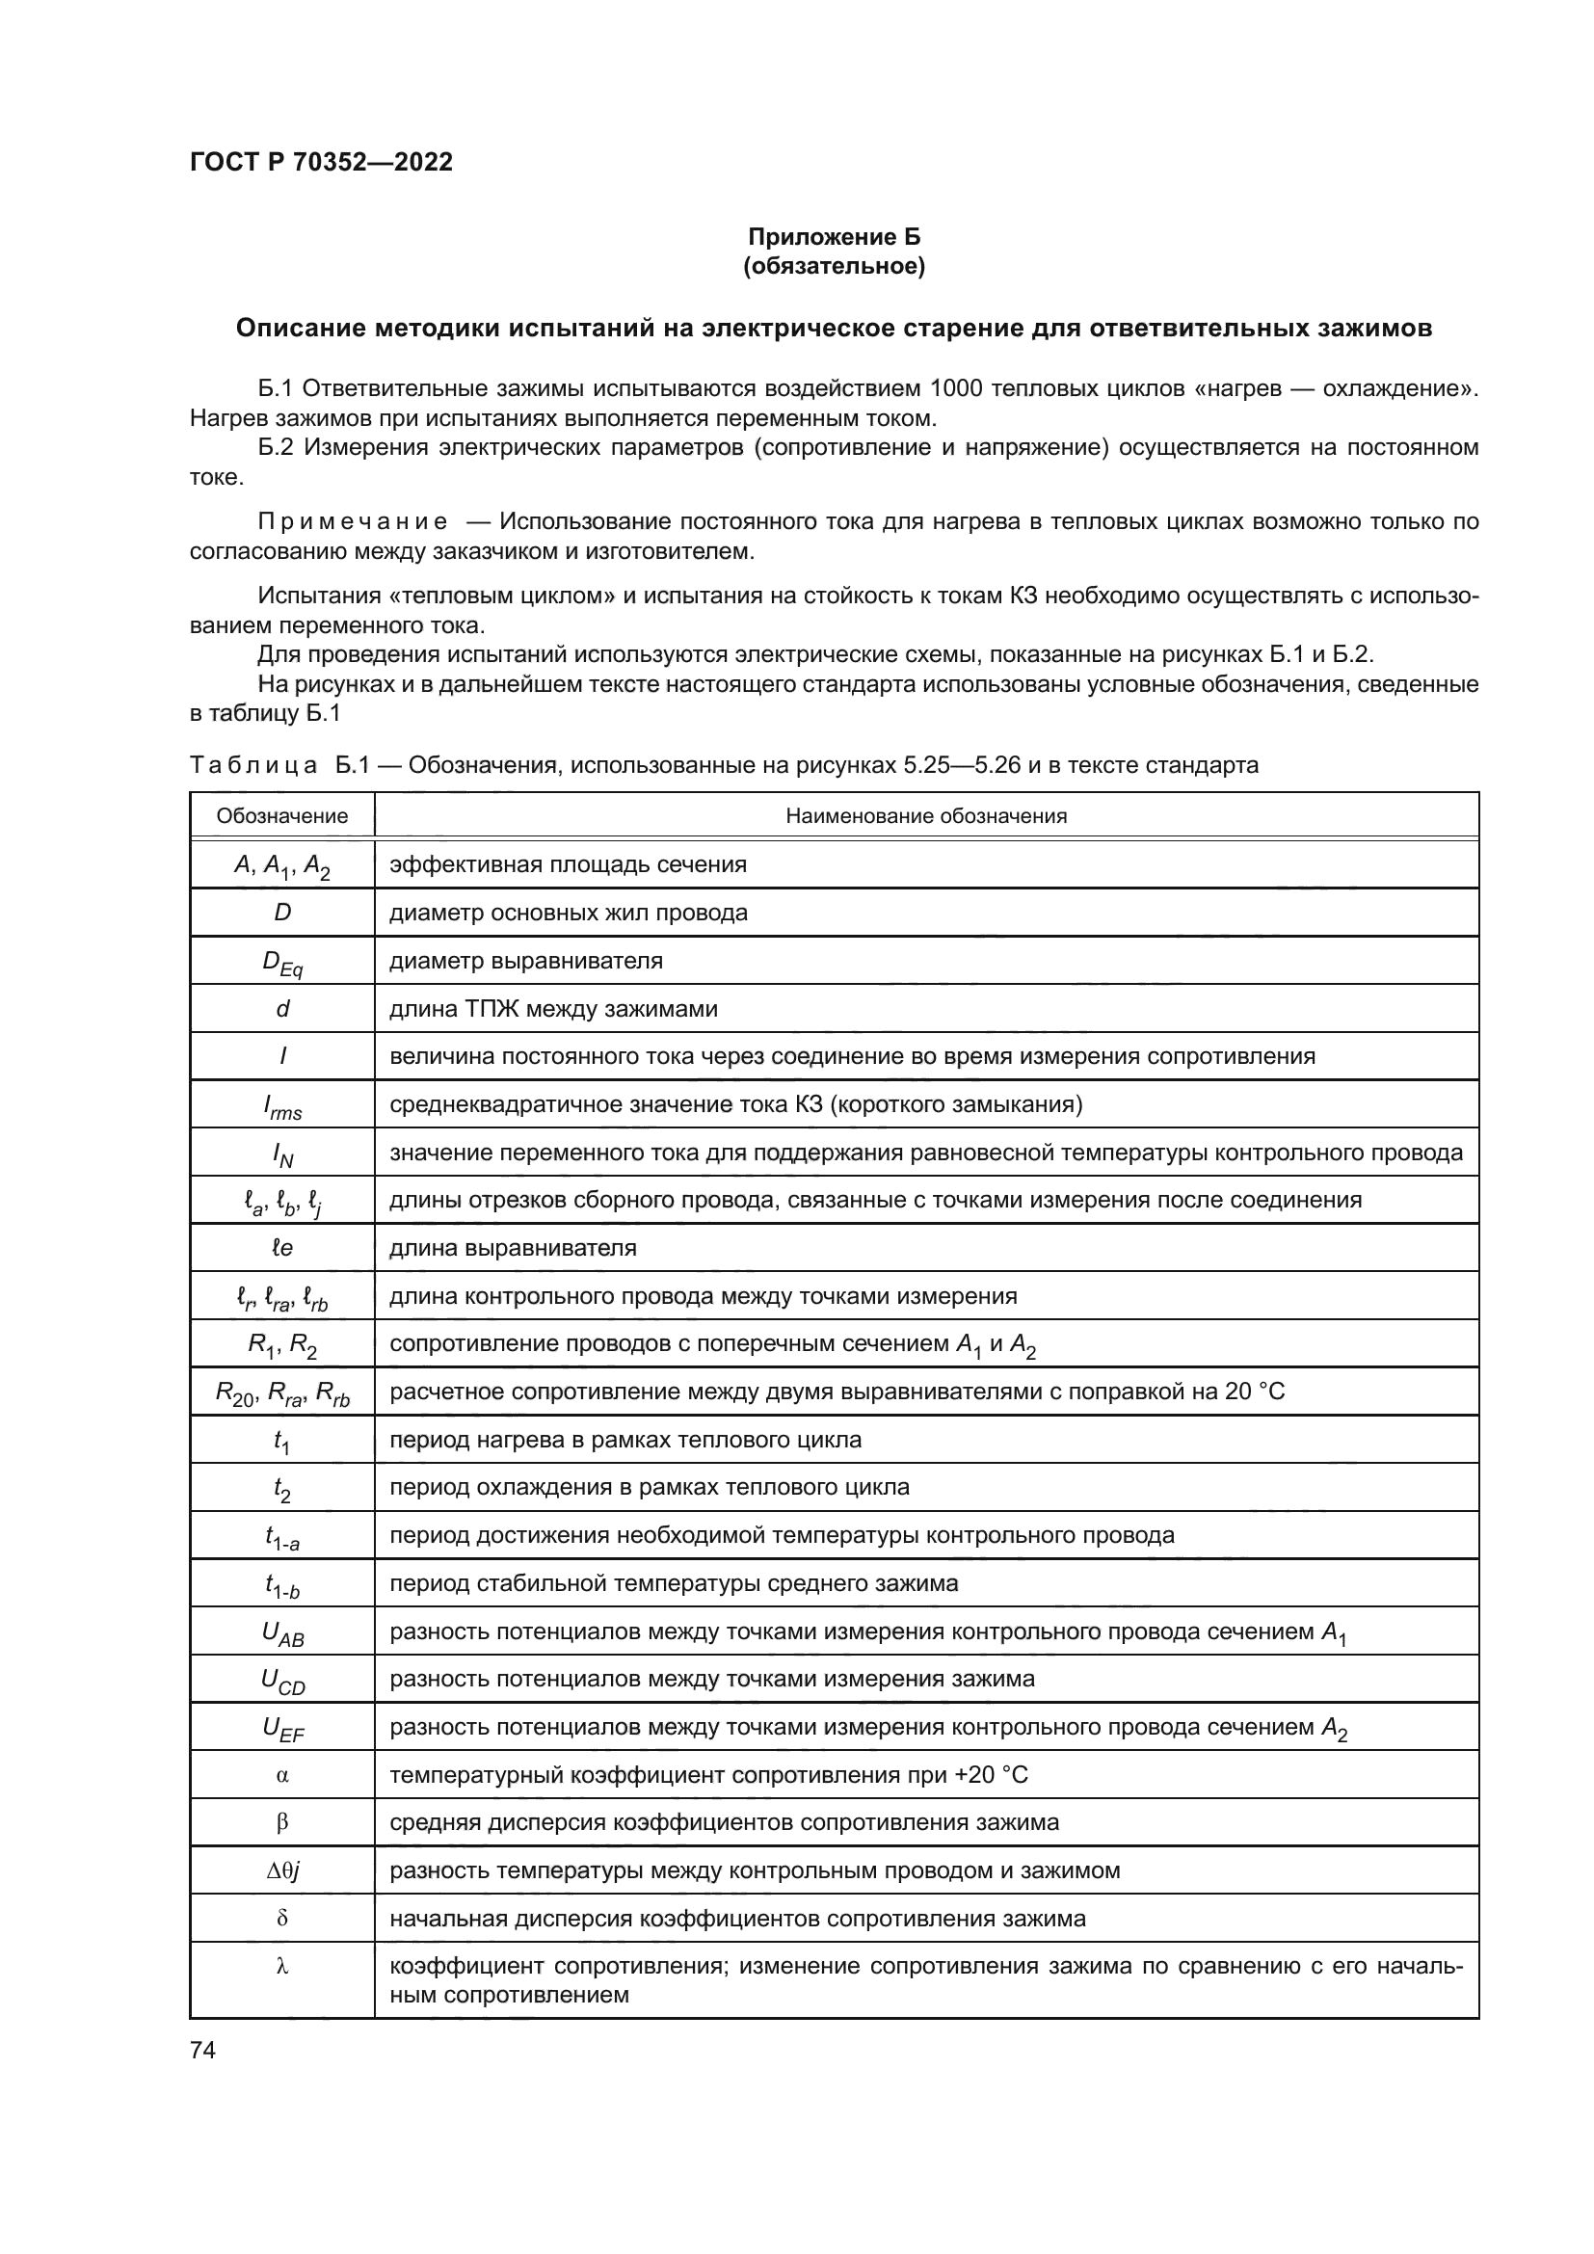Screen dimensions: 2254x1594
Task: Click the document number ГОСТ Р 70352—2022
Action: pos(321,162)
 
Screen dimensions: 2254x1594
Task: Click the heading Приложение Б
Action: pos(834,237)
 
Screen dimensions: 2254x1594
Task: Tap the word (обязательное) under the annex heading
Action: pos(834,266)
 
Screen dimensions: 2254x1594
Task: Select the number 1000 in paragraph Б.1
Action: pos(956,388)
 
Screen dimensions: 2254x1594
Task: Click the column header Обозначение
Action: pos(281,816)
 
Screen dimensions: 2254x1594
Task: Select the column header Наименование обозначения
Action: pos(925,816)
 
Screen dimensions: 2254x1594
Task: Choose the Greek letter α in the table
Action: pos(282,1776)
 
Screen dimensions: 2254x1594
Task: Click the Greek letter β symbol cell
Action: pos(282,1824)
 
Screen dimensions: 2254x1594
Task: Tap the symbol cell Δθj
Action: pos(282,1871)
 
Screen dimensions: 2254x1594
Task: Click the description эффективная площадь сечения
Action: pos(568,864)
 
